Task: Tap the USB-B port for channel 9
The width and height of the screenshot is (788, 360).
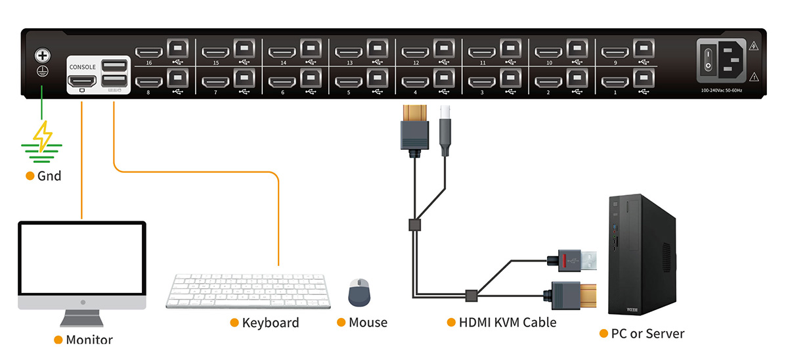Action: [x=644, y=49]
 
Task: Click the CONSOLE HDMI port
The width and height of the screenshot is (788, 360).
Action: [x=81, y=81]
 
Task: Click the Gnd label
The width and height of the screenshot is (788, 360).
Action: [x=49, y=176]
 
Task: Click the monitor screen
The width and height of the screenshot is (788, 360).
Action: [x=81, y=259]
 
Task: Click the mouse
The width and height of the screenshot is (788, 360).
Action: [x=359, y=292]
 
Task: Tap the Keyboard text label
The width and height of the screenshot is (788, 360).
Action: [x=270, y=323]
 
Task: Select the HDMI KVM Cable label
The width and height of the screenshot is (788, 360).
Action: [x=507, y=323]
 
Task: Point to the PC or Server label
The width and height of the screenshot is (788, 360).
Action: [x=647, y=334]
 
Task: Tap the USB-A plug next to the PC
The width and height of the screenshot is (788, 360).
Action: [x=578, y=260]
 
